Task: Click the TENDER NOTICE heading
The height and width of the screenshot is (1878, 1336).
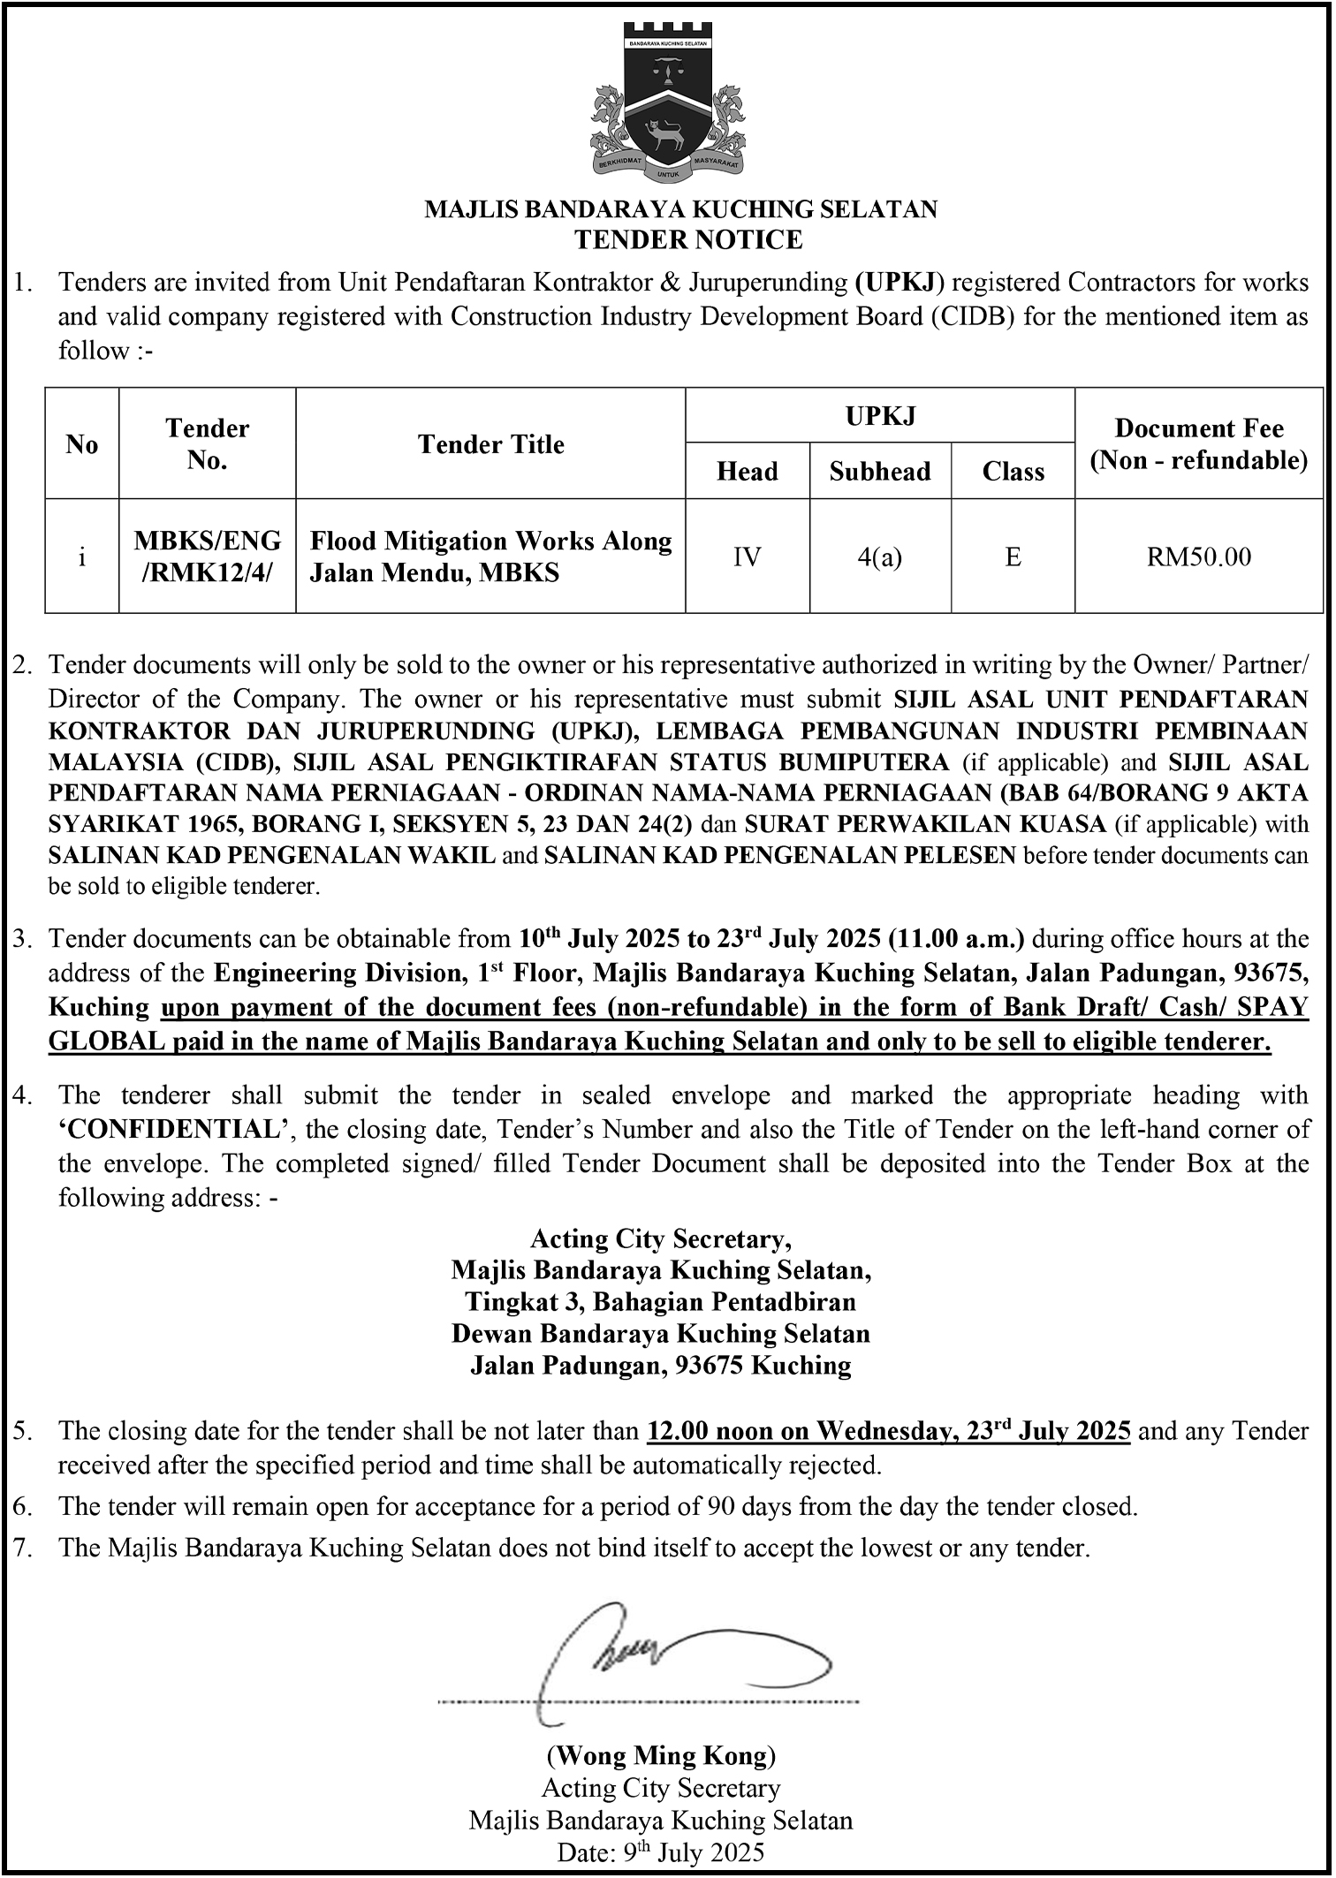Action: pyautogui.click(x=688, y=239)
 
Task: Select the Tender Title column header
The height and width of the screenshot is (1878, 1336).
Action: pyautogui.click(x=490, y=444)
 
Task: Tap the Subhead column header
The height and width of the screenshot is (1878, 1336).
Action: pyautogui.click(x=880, y=472)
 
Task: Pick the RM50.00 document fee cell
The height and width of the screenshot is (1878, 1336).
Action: pyautogui.click(x=1198, y=557)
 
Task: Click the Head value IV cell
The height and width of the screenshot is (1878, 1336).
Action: pyautogui.click(x=747, y=557)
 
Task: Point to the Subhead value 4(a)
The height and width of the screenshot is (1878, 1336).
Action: pyautogui.click(x=879, y=557)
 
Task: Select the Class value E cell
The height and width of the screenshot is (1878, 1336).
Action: pyautogui.click(x=1013, y=557)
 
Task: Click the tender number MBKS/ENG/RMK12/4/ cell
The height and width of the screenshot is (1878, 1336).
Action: pyautogui.click(x=207, y=557)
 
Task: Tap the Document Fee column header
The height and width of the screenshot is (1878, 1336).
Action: pyautogui.click(x=1198, y=444)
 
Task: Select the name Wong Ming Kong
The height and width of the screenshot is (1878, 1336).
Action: pyautogui.click(x=661, y=1754)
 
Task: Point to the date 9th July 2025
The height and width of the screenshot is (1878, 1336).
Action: pyautogui.click(x=661, y=1852)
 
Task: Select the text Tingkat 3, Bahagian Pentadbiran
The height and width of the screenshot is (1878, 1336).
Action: pyautogui.click(x=661, y=1302)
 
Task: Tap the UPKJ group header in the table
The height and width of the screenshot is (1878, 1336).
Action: pyautogui.click(x=880, y=414)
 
